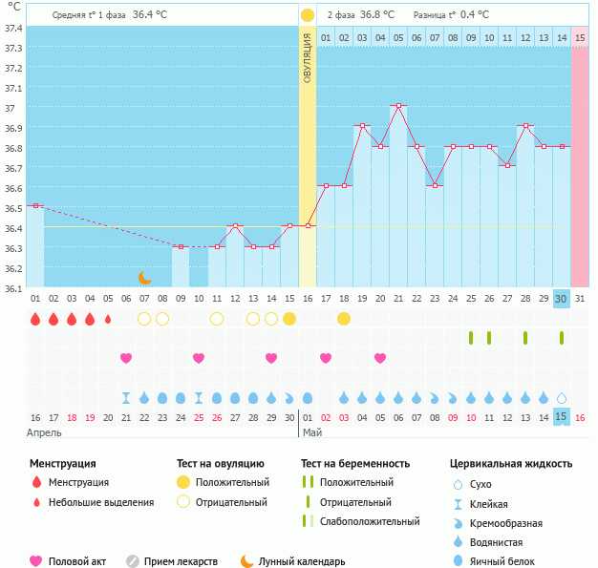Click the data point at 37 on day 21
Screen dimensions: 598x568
point(398,106)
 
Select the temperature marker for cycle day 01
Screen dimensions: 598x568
point(35,206)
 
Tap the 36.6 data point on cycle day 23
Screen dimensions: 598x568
point(436,185)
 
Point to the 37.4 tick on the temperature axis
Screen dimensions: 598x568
point(13,29)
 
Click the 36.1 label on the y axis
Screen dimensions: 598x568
point(13,288)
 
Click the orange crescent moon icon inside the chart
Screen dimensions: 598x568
point(144,278)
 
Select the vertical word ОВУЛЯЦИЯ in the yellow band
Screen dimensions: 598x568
point(307,58)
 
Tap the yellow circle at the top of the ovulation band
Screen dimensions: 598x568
point(307,15)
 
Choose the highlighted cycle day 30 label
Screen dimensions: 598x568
point(561,299)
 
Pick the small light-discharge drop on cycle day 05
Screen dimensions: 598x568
point(108,319)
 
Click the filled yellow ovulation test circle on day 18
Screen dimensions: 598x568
point(344,319)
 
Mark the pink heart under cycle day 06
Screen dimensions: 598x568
point(126,358)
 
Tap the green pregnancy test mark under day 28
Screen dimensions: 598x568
point(525,338)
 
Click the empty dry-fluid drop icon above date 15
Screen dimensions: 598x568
point(562,398)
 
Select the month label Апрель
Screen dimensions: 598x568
point(44,433)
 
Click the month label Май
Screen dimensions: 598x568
point(312,432)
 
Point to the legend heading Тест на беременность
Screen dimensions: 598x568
point(355,464)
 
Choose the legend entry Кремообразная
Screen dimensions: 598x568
point(505,523)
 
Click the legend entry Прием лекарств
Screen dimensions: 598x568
point(181,561)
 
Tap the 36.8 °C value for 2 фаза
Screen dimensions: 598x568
point(377,15)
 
